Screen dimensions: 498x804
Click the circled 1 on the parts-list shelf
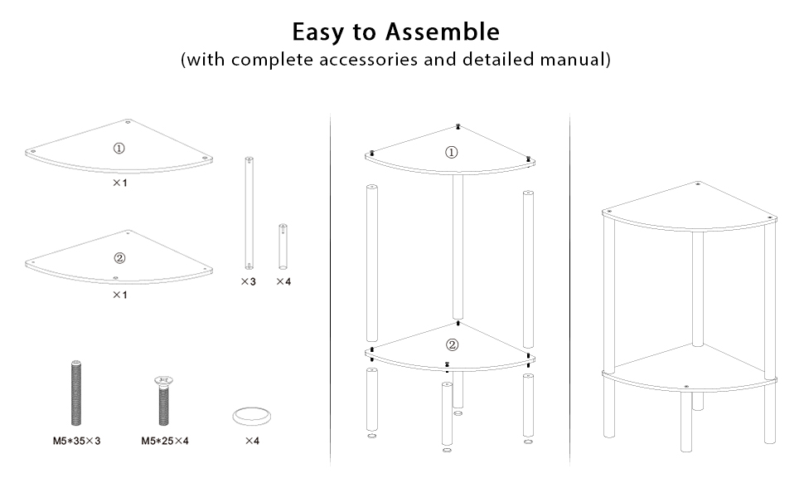pyautogui.click(x=119, y=149)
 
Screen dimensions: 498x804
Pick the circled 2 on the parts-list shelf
pyautogui.click(x=119, y=258)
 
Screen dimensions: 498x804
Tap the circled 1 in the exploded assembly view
pyautogui.click(x=452, y=152)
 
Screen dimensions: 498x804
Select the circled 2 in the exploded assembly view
pyautogui.click(x=452, y=345)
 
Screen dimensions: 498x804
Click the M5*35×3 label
pyautogui.click(x=76, y=441)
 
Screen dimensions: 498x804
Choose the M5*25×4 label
pyautogui.click(x=165, y=441)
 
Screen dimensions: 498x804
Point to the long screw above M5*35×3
pyautogui.click(x=76, y=393)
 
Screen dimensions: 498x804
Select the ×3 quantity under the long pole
pyautogui.click(x=248, y=282)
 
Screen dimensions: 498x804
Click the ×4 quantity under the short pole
pyautogui.click(x=283, y=282)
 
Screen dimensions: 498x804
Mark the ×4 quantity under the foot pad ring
pyautogui.click(x=252, y=441)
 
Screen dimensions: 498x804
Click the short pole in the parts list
pyautogui.click(x=283, y=246)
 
